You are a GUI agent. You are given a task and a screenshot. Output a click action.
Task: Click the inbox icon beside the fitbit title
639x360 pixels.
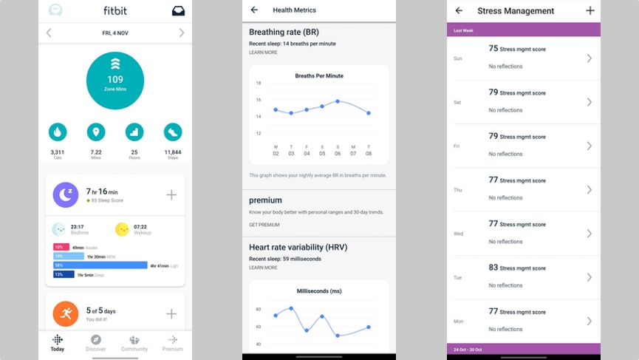tap(178, 11)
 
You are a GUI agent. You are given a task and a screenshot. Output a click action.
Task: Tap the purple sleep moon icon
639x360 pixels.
tap(65, 194)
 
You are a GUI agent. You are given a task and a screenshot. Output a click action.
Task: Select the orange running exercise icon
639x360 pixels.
tap(65, 313)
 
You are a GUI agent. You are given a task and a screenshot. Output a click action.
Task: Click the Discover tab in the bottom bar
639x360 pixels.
tap(96, 342)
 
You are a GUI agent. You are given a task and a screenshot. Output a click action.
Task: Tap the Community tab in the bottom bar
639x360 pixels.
tap(134, 342)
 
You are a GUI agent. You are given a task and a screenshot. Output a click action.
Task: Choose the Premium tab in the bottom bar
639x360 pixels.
tap(173, 342)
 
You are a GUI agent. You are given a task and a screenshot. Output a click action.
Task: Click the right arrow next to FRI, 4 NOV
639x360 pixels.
tap(182, 33)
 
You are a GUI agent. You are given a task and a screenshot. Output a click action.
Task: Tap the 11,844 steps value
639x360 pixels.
tap(173, 152)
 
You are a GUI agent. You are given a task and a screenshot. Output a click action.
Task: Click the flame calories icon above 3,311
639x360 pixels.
tap(58, 132)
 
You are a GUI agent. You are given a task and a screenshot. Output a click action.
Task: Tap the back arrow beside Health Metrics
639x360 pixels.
tap(255, 10)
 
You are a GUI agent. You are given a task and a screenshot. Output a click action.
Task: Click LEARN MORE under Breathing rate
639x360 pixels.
tap(263, 52)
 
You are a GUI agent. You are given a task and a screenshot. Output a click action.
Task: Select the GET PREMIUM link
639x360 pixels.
tap(264, 225)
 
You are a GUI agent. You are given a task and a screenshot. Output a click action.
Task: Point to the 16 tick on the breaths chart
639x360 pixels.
tap(259, 101)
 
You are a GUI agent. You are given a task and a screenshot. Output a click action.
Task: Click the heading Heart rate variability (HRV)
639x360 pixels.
tap(298, 247)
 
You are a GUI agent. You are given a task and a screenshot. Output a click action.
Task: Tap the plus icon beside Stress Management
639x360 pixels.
tap(590, 11)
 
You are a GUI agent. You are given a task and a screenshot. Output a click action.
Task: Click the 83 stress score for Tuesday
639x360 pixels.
tap(493, 267)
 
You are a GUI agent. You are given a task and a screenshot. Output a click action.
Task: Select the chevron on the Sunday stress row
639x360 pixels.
tap(589, 58)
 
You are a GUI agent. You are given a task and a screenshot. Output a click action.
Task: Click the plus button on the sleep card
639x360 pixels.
tap(171, 195)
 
